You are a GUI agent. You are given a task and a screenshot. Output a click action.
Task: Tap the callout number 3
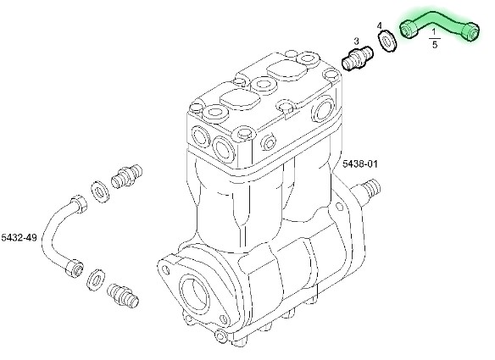(x=356, y=41)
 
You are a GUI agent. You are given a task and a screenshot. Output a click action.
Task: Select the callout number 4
(x=380, y=25)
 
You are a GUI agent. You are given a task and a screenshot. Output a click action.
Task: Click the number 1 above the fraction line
(x=434, y=31)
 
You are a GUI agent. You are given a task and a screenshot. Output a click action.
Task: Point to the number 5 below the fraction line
(x=435, y=45)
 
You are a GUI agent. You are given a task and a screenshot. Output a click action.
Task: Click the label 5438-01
(x=360, y=163)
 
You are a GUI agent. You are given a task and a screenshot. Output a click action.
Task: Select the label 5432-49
(x=19, y=237)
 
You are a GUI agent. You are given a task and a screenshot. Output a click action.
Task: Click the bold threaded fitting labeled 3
(x=358, y=58)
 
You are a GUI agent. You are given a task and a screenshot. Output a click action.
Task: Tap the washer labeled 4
(x=387, y=41)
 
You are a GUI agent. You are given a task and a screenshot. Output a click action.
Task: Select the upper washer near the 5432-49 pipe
(x=100, y=191)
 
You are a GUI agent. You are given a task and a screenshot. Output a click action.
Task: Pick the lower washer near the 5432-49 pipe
(x=96, y=280)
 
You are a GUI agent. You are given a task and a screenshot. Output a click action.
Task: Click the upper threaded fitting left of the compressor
(x=126, y=176)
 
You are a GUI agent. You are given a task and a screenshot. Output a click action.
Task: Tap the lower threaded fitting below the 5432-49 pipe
(x=123, y=296)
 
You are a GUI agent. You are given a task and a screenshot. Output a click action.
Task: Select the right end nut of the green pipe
(x=470, y=31)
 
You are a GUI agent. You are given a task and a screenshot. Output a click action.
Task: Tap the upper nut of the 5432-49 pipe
(x=79, y=204)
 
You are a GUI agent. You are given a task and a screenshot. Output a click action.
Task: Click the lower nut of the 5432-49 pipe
(x=75, y=269)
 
